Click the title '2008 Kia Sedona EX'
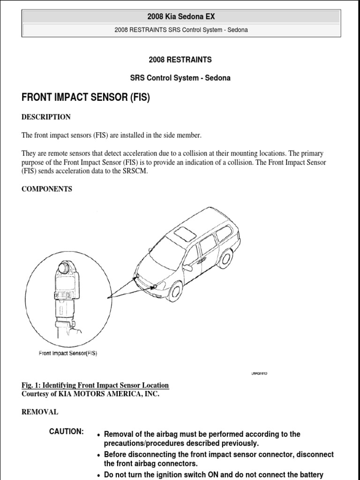(180, 16)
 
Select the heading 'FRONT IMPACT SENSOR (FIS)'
(86, 98)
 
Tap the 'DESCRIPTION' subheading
(46, 117)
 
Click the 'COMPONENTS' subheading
(47, 189)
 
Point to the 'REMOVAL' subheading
(40, 412)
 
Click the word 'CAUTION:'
(67, 431)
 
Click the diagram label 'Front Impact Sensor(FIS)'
(68, 353)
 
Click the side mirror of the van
(187, 268)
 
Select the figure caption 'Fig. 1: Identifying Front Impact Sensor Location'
(95, 385)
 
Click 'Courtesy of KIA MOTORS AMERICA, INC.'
(90, 394)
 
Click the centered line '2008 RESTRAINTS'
(180, 60)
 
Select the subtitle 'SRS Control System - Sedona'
(180, 78)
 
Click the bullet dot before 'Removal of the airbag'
(98, 435)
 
